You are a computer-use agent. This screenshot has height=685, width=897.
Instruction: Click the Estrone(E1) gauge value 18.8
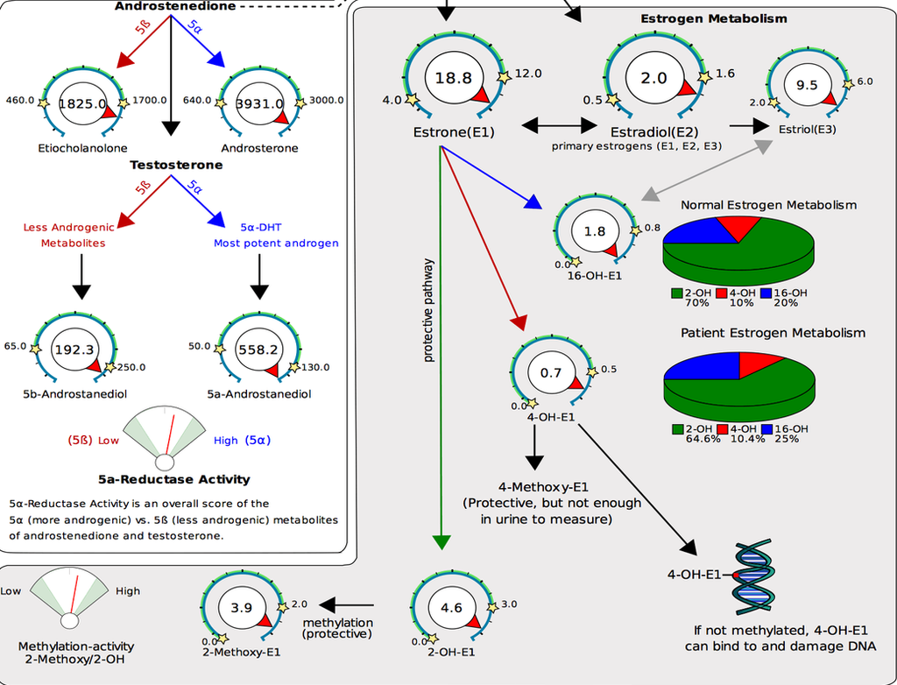pos(453,78)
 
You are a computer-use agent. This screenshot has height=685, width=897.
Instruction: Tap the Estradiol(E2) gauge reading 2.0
pos(653,78)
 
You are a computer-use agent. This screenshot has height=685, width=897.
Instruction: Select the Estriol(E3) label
pos(807,129)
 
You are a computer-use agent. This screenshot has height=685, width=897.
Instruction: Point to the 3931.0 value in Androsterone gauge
pos(259,103)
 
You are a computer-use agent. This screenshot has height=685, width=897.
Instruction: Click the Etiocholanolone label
pos(81,148)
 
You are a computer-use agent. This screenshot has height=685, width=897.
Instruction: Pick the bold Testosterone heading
pos(176,165)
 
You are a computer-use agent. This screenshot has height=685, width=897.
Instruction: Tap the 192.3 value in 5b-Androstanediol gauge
pos(74,349)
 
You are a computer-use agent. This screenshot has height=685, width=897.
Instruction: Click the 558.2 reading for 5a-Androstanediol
pos(258,349)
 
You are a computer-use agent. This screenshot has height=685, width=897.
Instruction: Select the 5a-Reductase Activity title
pos(174,479)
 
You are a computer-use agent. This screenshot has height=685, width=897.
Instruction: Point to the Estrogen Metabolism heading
pos(713,18)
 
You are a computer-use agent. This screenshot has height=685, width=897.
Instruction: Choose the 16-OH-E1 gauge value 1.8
pos(595,232)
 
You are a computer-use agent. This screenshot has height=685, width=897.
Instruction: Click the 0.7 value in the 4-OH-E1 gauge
pos(550,372)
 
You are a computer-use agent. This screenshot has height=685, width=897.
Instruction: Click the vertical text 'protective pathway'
pos(428,311)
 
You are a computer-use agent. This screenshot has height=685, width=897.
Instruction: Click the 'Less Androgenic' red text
pos(66,228)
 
